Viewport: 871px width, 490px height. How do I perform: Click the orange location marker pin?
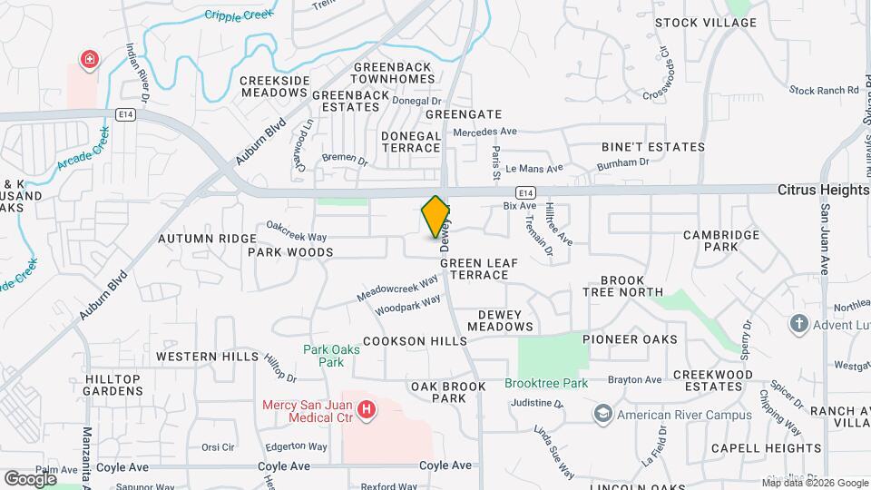(435, 216)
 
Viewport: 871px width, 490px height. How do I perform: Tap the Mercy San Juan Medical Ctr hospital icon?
(367, 411)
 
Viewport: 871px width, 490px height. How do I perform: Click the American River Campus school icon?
(602, 415)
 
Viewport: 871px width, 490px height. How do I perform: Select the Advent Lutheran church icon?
(798, 323)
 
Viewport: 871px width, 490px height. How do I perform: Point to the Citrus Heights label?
(823, 191)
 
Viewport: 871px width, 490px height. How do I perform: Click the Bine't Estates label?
(653, 146)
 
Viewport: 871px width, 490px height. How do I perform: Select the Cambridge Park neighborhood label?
(721, 240)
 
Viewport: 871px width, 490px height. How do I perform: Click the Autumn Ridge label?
(207, 239)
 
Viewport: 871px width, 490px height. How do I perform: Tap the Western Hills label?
(207, 357)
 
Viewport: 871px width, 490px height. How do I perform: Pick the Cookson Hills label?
(415, 341)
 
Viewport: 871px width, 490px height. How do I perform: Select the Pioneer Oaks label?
(630, 339)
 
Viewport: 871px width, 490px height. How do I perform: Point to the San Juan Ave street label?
(826, 240)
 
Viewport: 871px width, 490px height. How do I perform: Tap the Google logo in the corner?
(30, 478)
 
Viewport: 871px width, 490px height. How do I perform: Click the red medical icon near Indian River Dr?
(90, 61)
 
